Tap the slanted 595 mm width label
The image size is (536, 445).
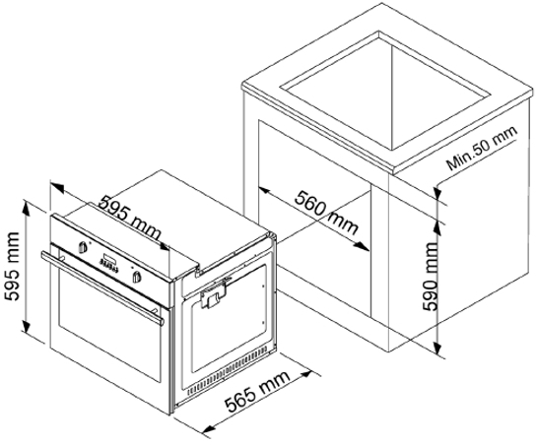point(129,219)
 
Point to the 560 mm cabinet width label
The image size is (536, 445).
point(326,214)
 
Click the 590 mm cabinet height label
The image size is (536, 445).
point(430,277)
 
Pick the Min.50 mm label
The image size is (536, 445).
point(482,149)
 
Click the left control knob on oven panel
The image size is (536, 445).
point(83,247)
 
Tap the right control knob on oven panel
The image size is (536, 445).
point(137,276)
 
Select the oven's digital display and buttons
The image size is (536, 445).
point(109,261)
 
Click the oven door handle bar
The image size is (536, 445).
point(101,286)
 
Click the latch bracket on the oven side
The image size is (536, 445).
point(213,295)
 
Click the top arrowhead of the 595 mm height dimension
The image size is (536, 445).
point(26,206)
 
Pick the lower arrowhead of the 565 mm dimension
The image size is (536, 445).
point(209,427)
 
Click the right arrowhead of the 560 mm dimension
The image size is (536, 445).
point(363,247)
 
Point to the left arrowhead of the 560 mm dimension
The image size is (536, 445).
point(264,191)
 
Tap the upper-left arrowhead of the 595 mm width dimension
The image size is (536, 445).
point(56,186)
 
